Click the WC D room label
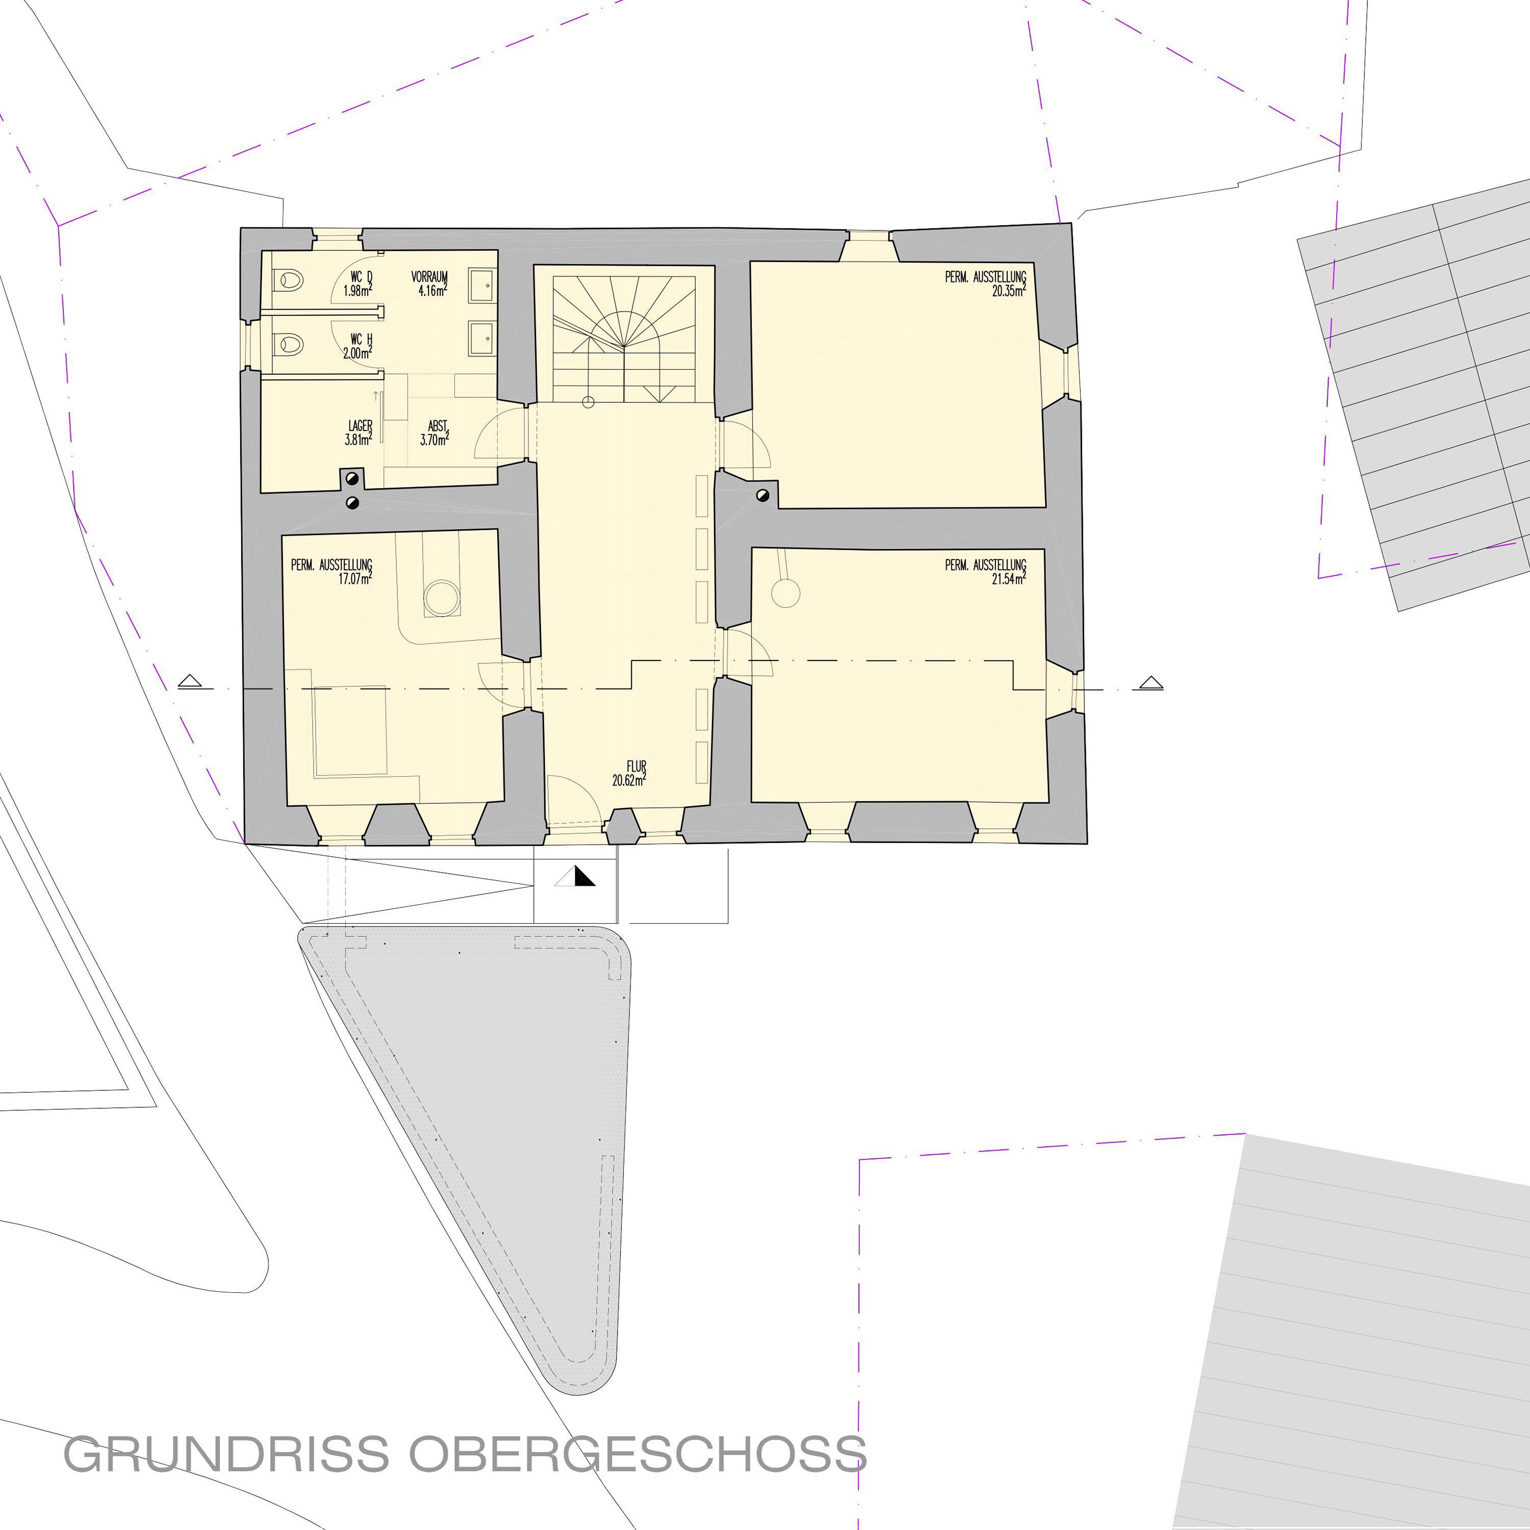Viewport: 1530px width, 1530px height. click(361, 276)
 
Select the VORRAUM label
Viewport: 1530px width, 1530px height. click(429, 277)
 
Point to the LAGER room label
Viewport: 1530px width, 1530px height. click(361, 426)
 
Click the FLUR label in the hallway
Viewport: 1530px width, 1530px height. click(636, 767)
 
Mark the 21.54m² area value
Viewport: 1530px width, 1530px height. click(1009, 578)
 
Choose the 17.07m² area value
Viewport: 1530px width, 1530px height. click(355, 579)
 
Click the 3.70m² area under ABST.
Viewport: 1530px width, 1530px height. click(435, 440)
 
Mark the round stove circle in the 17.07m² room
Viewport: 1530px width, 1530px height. click(442, 598)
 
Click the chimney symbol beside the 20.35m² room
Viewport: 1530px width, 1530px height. click(762, 496)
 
